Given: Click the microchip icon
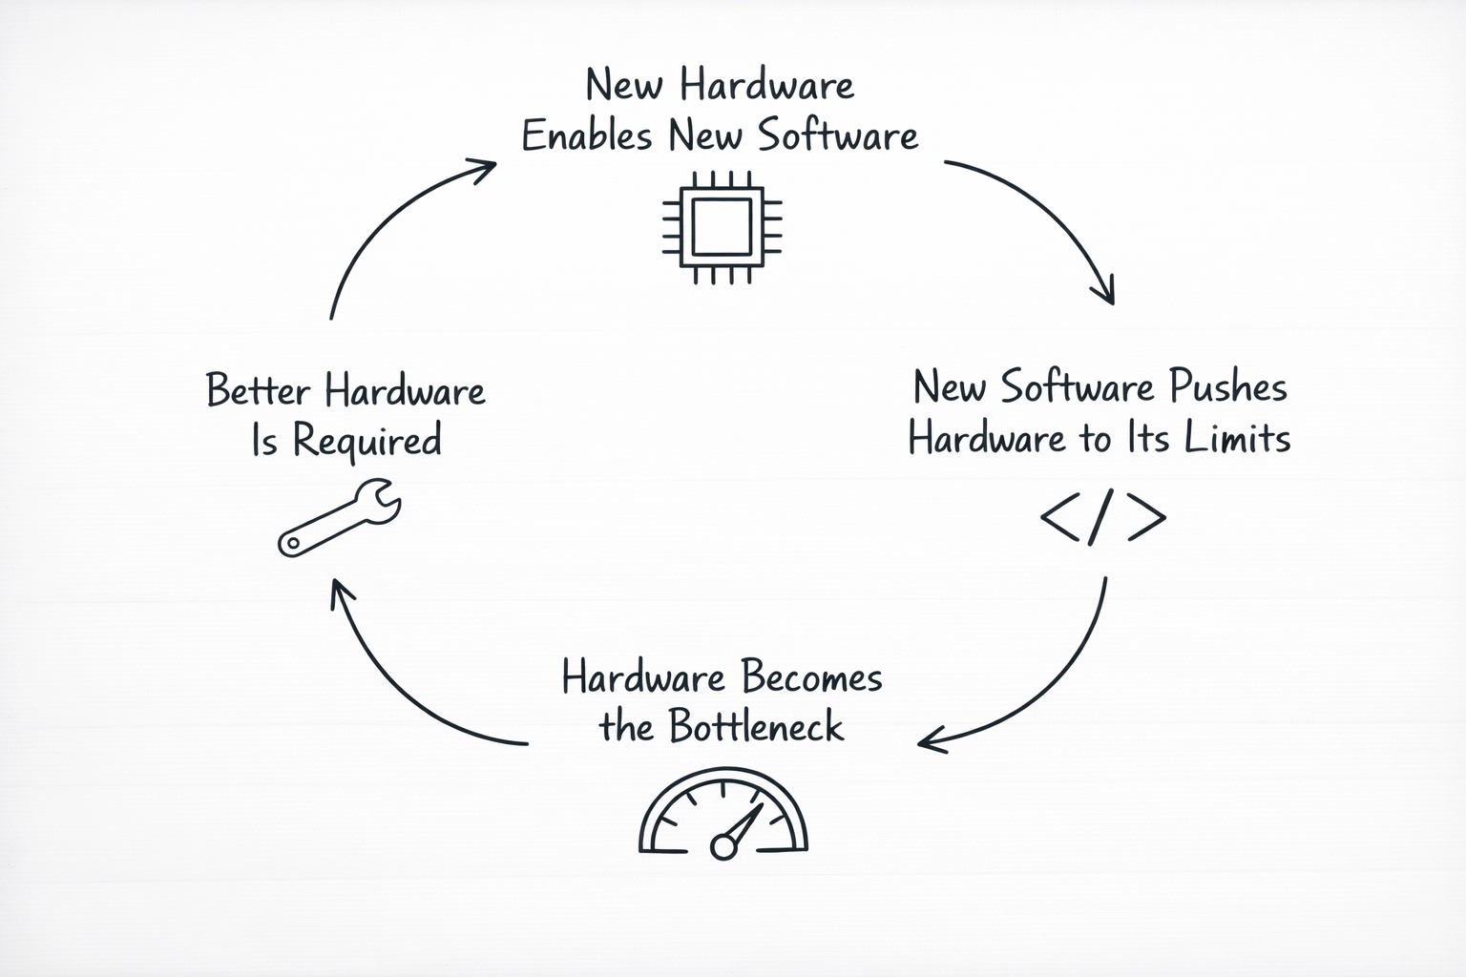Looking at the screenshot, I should click(x=722, y=227).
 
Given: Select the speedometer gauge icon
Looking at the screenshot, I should click(x=723, y=813).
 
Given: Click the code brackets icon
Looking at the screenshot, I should click(x=1102, y=518).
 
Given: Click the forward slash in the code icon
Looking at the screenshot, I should click(x=1101, y=518).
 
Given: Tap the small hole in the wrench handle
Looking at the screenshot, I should click(x=291, y=544).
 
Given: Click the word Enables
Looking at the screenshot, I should click(x=587, y=135).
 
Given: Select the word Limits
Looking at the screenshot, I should click(x=1238, y=438).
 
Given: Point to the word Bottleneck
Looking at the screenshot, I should click(x=757, y=727).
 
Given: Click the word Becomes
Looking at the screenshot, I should click(x=811, y=677).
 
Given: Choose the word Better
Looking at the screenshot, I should click(x=259, y=391).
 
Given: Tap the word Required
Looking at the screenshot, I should click(x=366, y=442).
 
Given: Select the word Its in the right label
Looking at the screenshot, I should click(x=1150, y=438).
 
